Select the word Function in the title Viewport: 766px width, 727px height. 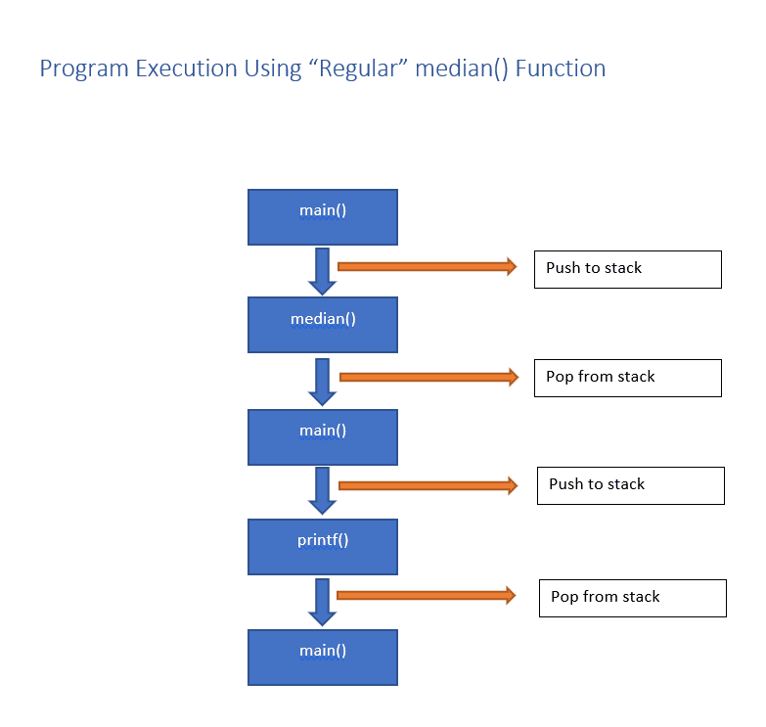click(x=561, y=68)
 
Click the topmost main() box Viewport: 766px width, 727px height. click(x=323, y=216)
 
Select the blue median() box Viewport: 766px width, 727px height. click(x=323, y=325)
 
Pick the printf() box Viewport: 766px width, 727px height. click(x=323, y=546)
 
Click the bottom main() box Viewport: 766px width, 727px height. click(x=323, y=657)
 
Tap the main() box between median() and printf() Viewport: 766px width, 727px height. click(x=323, y=436)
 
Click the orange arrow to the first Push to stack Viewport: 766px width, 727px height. click(x=427, y=266)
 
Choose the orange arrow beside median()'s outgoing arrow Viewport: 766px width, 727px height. click(x=428, y=377)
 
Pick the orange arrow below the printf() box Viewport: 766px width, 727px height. click(x=426, y=595)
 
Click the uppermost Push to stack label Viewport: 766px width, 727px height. click(x=627, y=269)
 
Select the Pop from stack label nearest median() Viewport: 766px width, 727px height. click(x=627, y=378)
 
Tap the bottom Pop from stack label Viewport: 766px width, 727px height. click(x=632, y=598)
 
